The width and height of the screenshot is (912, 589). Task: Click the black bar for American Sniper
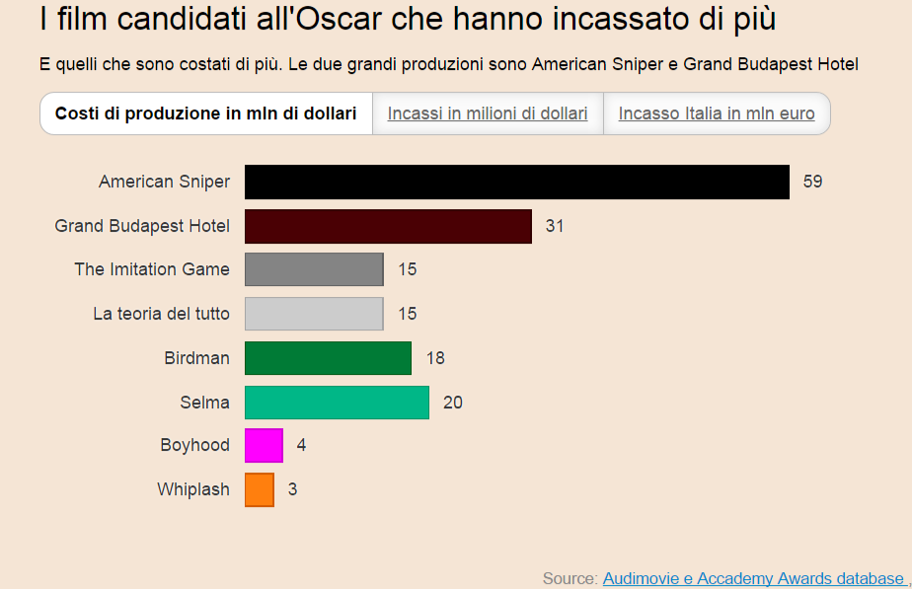click(x=516, y=182)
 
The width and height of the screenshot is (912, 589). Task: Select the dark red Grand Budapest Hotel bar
click(x=388, y=226)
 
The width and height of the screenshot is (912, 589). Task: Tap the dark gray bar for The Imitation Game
click(x=314, y=269)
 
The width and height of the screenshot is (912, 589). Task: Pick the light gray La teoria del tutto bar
click(x=314, y=314)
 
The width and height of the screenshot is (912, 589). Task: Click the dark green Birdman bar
click(x=328, y=358)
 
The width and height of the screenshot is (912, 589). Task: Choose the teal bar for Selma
click(x=337, y=403)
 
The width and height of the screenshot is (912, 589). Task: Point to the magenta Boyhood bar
click(x=264, y=445)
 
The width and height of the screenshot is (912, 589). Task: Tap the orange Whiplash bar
click(x=260, y=489)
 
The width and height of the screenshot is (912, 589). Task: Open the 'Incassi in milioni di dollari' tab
click(x=488, y=113)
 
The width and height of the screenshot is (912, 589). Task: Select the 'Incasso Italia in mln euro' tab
click(x=717, y=113)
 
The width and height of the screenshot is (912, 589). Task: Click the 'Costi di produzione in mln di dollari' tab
click(x=206, y=113)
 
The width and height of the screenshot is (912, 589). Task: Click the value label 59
click(x=812, y=182)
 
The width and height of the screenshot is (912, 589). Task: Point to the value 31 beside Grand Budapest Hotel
click(x=555, y=226)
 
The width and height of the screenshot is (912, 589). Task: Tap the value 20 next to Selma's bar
click(x=453, y=403)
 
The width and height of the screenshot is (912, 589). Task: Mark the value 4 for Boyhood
click(x=301, y=445)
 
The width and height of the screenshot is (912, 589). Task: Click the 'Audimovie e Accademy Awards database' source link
click(x=753, y=578)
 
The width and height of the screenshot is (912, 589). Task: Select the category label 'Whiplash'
click(x=193, y=489)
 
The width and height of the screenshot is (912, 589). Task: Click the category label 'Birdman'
click(x=196, y=358)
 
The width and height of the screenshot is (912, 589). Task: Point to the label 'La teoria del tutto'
click(x=161, y=314)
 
